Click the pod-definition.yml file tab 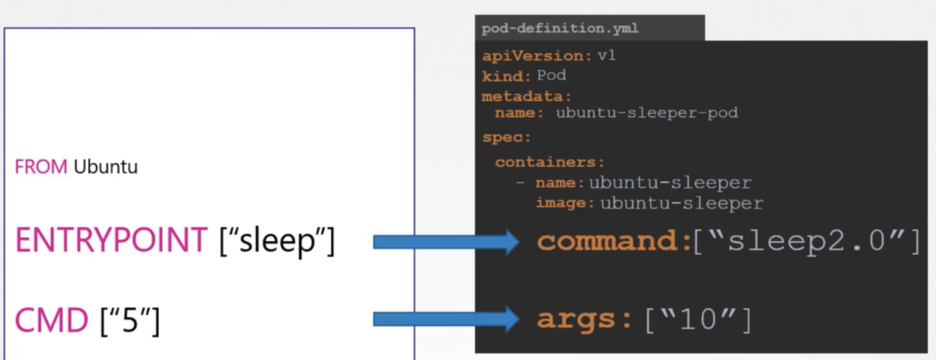click(560, 28)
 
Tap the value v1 click(606, 56)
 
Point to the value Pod click(552, 75)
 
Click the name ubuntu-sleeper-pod click(647, 113)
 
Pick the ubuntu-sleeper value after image click(682, 204)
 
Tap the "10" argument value click(698, 320)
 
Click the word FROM click(41, 167)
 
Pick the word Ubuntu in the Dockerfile click(106, 167)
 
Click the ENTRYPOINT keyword click(111, 240)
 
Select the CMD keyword click(51, 321)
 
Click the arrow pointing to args click(445, 319)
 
